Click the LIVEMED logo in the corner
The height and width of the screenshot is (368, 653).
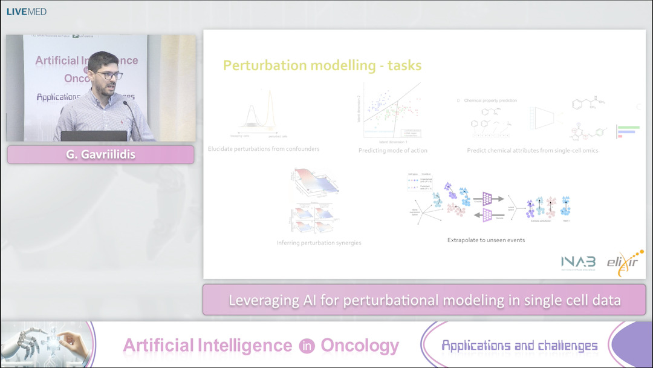(x=26, y=11)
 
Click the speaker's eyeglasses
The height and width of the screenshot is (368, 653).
(x=109, y=76)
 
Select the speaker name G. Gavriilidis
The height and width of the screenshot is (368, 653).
(x=100, y=155)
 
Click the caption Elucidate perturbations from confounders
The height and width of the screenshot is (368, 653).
(x=264, y=149)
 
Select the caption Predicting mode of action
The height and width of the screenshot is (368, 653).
(x=394, y=150)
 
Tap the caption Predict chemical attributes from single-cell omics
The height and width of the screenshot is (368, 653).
(x=532, y=150)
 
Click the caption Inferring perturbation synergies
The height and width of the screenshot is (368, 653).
(x=319, y=243)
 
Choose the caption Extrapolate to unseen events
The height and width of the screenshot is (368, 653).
(x=486, y=240)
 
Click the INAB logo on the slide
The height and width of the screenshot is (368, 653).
(x=578, y=261)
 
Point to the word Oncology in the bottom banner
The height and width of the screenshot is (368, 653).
(x=360, y=346)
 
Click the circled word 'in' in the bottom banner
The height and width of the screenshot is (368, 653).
(x=306, y=346)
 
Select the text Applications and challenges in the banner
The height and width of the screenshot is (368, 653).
(x=519, y=346)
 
